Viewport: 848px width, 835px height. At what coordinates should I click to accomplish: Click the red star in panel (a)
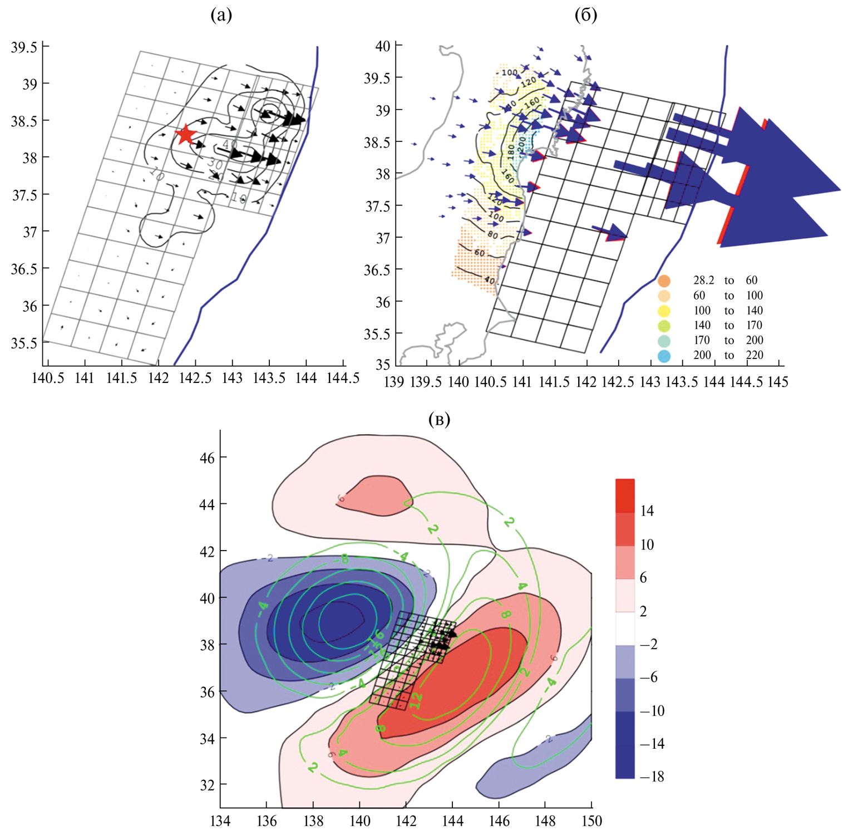point(185,134)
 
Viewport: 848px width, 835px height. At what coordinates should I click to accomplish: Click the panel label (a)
point(221,15)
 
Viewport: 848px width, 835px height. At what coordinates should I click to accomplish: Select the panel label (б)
point(585,15)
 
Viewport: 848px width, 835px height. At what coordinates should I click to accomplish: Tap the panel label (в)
point(440,419)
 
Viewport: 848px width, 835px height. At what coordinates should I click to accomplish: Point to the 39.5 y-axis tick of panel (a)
point(24,47)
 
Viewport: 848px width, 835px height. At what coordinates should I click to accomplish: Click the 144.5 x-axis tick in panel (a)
point(343,379)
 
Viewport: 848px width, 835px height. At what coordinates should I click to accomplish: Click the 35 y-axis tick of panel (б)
point(383,365)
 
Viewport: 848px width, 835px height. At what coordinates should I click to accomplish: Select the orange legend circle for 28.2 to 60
point(664,281)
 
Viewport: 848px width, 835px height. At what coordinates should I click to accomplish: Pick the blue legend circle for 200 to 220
point(664,356)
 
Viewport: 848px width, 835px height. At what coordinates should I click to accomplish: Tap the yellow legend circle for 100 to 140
point(664,311)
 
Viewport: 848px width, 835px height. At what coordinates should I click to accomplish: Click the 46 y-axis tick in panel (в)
point(207,458)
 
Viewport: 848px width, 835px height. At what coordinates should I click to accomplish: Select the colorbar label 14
point(647,511)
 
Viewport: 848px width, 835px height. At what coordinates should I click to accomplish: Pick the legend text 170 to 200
point(728,340)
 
